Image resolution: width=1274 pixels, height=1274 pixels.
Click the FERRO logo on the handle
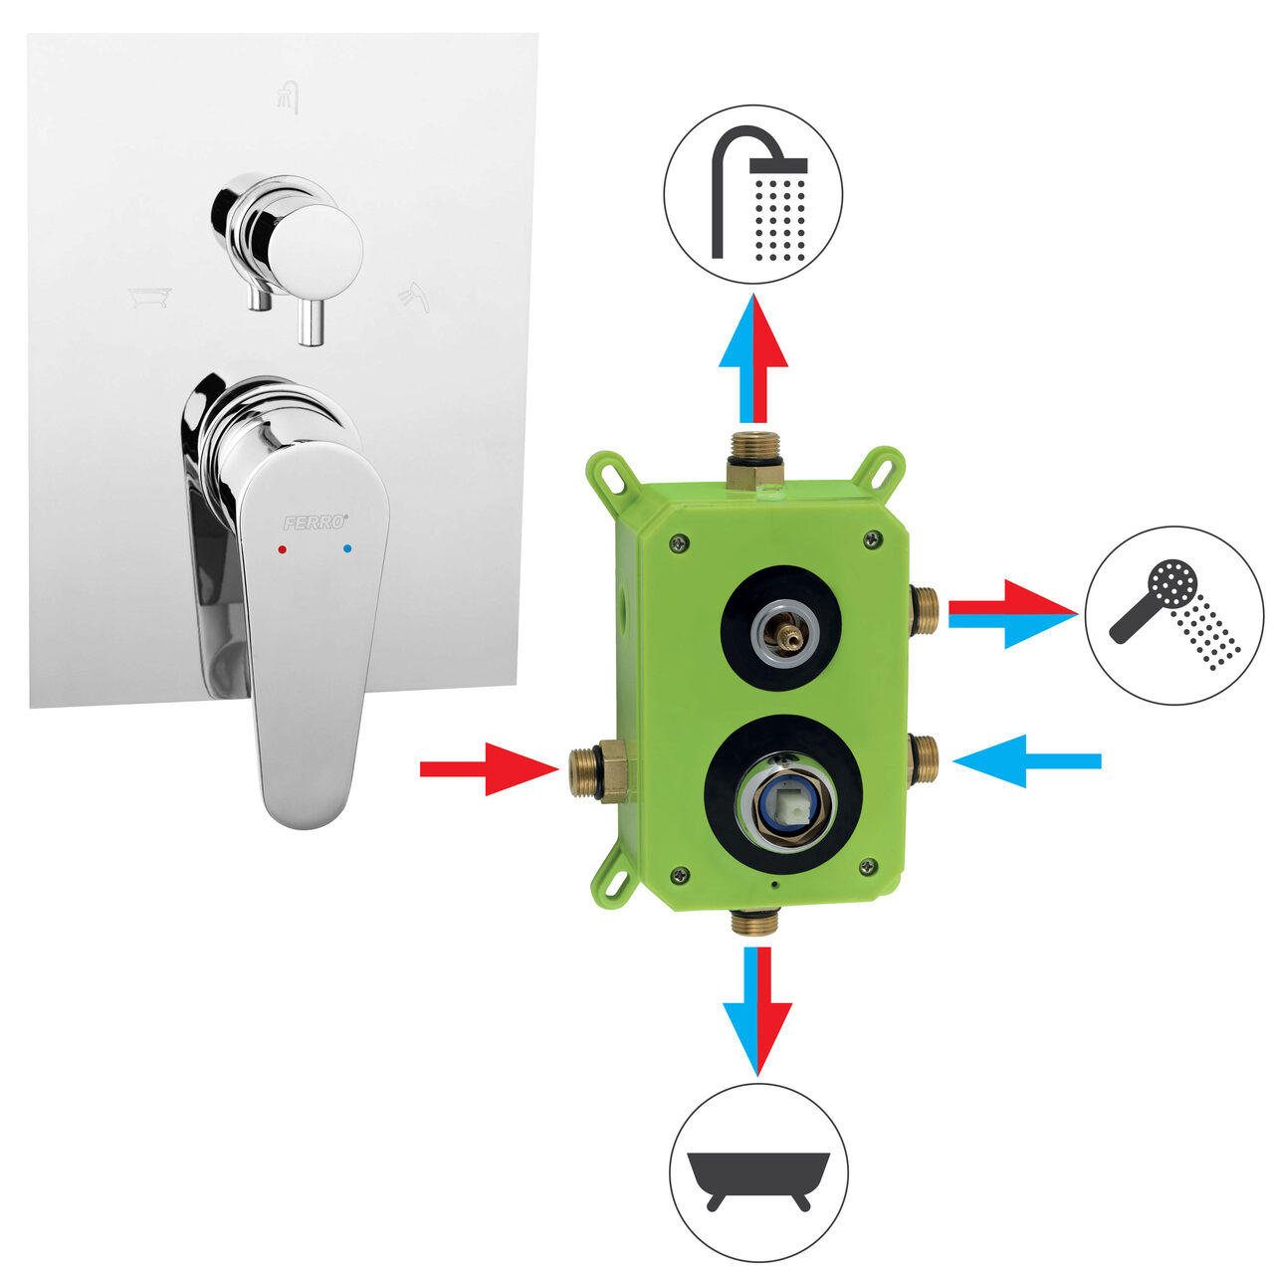tap(316, 523)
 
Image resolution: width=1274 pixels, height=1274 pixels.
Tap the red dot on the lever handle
tap(283, 549)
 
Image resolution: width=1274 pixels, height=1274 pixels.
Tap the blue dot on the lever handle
tap(347, 548)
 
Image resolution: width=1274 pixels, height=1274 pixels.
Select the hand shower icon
tap(1174, 615)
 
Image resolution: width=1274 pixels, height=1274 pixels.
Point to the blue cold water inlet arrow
tap(1027, 761)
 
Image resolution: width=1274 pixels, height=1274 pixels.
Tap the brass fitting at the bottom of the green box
tap(755, 922)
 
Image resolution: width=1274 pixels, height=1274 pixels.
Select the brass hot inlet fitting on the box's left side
tap(599, 771)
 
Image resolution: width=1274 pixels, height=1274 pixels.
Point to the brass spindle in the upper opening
tap(786, 635)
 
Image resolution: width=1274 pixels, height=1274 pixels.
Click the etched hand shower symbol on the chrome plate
tap(414, 298)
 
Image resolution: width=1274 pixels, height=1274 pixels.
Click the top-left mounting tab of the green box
tap(609, 475)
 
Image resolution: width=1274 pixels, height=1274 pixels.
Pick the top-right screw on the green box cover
tap(874, 538)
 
